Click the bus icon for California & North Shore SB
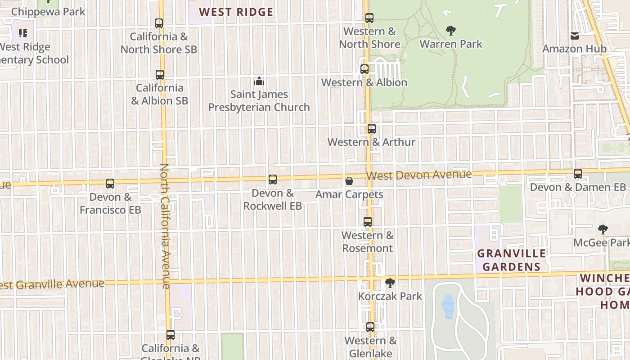[x=158, y=23]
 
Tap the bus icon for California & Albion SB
[x=160, y=74]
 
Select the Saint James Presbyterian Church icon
[x=259, y=81]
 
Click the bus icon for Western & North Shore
[x=369, y=18]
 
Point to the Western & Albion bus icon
[x=364, y=69]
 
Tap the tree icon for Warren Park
[x=450, y=31]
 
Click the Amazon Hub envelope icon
[x=575, y=36]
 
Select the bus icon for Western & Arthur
[x=371, y=129]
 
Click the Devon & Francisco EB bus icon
[x=110, y=184]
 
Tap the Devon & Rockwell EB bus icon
[x=273, y=180]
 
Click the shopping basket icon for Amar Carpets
[x=349, y=181]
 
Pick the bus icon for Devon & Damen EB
[x=578, y=174]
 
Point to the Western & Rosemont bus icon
[x=368, y=222]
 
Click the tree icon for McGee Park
[x=603, y=229]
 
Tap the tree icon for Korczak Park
[x=390, y=283]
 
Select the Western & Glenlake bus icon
[x=370, y=327]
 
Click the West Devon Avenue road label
[x=419, y=175]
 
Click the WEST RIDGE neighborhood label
[x=236, y=12]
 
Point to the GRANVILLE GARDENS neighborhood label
[x=512, y=260]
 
